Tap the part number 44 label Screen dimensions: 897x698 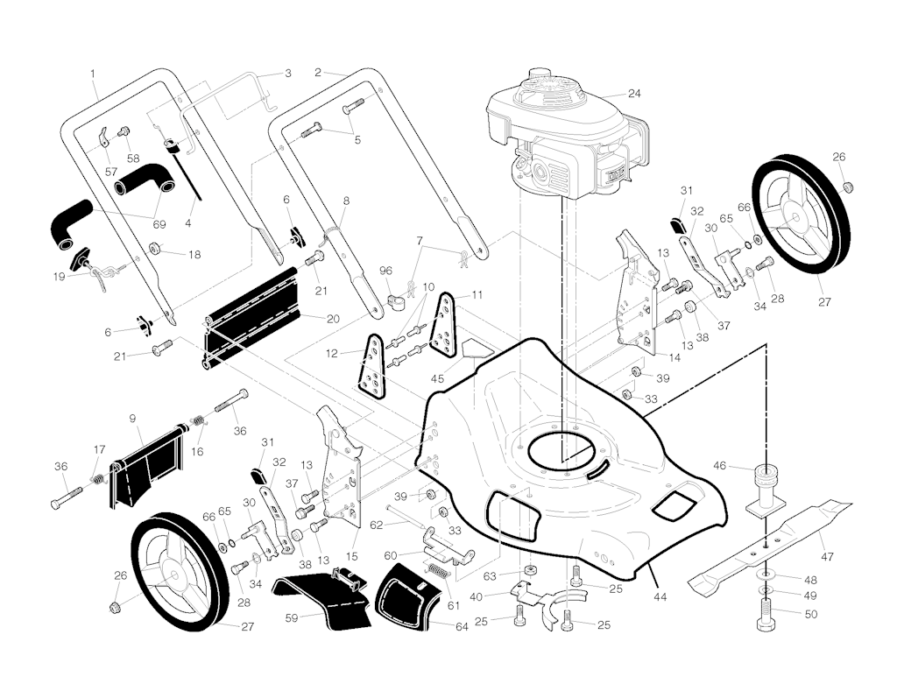point(660,597)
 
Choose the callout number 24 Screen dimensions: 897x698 point(634,93)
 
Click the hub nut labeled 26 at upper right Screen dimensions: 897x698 point(848,187)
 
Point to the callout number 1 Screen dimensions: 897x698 point(93,74)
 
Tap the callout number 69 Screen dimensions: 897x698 point(159,224)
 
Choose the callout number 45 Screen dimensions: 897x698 point(438,378)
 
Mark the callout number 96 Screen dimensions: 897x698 point(386,271)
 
